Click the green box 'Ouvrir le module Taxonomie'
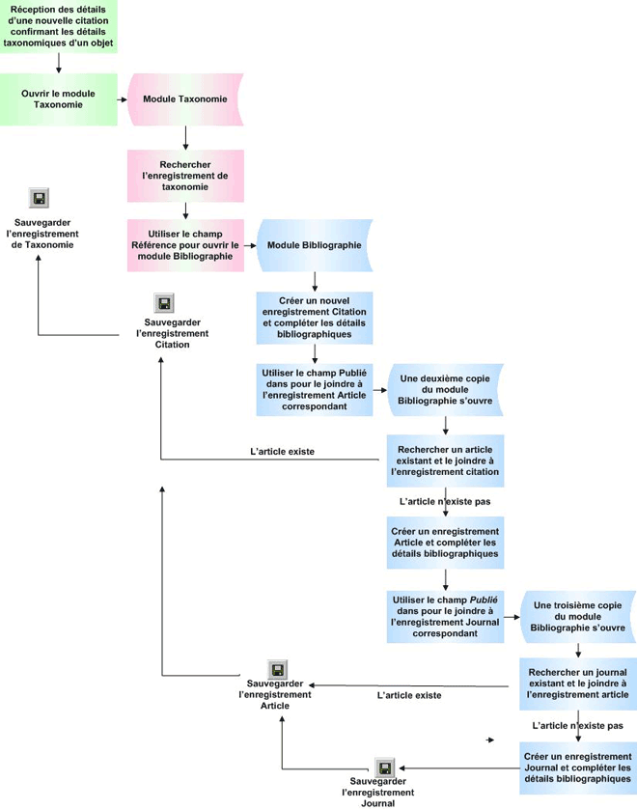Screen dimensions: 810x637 [x=58, y=99]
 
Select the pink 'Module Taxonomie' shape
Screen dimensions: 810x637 [x=185, y=99]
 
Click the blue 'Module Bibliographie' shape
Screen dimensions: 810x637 [x=314, y=245]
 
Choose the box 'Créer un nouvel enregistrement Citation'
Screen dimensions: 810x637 [x=314, y=318]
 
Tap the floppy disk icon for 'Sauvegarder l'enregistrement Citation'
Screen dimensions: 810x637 [x=165, y=304]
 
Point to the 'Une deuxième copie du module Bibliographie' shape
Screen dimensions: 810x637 [x=446, y=388]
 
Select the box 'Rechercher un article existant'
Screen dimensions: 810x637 [x=445, y=461]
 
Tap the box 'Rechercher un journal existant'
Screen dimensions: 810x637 [x=577, y=684]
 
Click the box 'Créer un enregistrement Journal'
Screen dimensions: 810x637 [x=577, y=767]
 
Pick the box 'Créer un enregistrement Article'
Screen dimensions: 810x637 [x=445, y=543]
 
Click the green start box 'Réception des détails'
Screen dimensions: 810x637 [x=58, y=26]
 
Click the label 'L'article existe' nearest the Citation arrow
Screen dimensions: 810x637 [x=282, y=451]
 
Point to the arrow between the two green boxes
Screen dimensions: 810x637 [x=59, y=63]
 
